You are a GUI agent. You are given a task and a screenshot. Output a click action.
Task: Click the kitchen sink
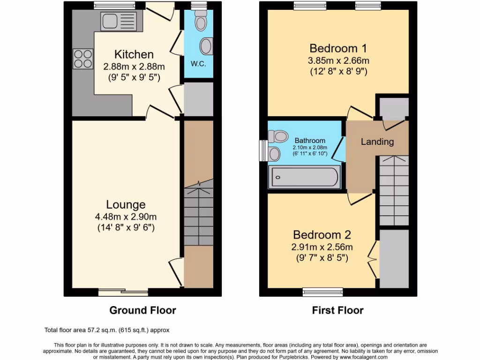pos(118,21)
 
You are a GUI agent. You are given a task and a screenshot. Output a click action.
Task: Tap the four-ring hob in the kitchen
pos(82,59)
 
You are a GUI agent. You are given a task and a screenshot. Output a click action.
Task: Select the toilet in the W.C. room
pos(201,20)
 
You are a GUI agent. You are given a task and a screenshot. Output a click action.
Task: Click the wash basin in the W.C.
pos(206,46)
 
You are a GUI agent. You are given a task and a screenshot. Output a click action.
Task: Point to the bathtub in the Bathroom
pos(304,177)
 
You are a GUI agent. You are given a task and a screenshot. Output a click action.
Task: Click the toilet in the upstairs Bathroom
pos(277,136)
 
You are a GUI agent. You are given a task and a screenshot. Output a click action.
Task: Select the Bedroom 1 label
pos(337,48)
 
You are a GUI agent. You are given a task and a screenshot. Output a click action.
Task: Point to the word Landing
pos(377,142)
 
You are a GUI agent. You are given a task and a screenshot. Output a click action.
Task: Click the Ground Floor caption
pos(142,310)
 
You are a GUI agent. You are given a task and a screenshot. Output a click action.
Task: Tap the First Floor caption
pos(337,310)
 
